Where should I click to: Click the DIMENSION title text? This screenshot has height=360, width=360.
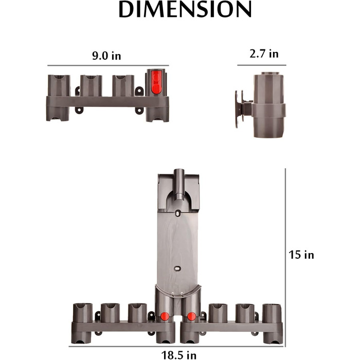click(x=185, y=10)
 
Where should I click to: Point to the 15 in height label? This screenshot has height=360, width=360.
click(x=301, y=255)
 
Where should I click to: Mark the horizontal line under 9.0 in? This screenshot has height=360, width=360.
click(x=108, y=66)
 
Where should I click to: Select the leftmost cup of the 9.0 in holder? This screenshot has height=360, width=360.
click(x=58, y=85)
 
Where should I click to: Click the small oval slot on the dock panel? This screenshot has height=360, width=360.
click(x=177, y=268)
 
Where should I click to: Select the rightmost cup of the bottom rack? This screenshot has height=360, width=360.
click(x=272, y=313)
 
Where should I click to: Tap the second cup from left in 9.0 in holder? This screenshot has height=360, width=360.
click(x=91, y=85)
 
